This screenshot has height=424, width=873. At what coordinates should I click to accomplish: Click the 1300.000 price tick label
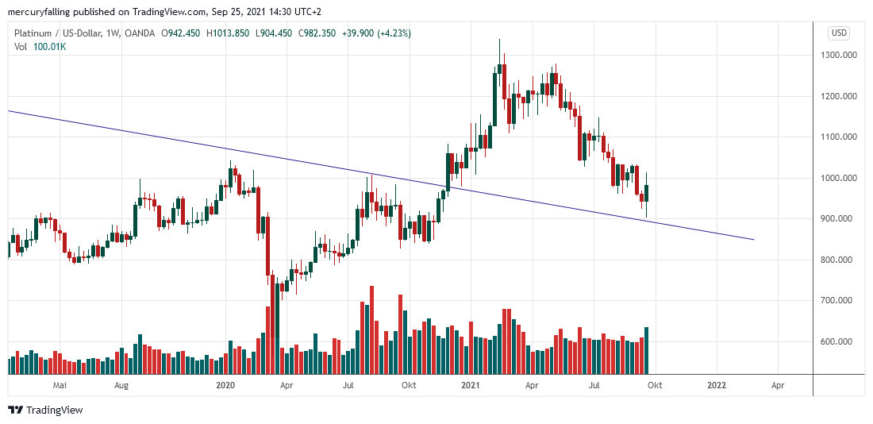pyautogui.click(x=840, y=56)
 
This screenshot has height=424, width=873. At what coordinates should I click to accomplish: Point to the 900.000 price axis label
pyautogui.click(x=840, y=219)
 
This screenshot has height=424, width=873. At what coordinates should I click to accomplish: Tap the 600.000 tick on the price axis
pyautogui.click(x=840, y=342)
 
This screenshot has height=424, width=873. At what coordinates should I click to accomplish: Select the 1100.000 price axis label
pyautogui.click(x=840, y=137)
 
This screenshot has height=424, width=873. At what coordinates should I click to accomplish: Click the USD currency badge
pyautogui.click(x=839, y=33)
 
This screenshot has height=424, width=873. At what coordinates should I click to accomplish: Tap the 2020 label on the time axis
pyautogui.click(x=226, y=386)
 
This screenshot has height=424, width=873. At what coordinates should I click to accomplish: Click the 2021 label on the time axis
pyautogui.click(x=471, y=386)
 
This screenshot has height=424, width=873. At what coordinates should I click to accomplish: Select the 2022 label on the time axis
pyautogui.click(x=716, y=386)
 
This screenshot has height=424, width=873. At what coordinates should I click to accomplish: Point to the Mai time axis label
pyautogui.click(x=59, y=386)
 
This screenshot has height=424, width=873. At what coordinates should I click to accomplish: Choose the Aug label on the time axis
pyautogui.click(x=121, y=386)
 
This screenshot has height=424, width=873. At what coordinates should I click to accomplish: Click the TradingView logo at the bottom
pyautogui.click(x=45, y=410)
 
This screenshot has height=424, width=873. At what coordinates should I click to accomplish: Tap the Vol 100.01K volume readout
pyautogui.click(x=41, y=47)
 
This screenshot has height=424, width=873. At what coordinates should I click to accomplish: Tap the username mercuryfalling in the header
pyautogui.click(x=38, y=12)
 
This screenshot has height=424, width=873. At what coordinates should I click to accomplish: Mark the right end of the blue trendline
pyautogui.click(x=753, y=239)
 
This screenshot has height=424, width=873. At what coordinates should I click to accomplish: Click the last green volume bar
pyautogui.click(x=647, y=350)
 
